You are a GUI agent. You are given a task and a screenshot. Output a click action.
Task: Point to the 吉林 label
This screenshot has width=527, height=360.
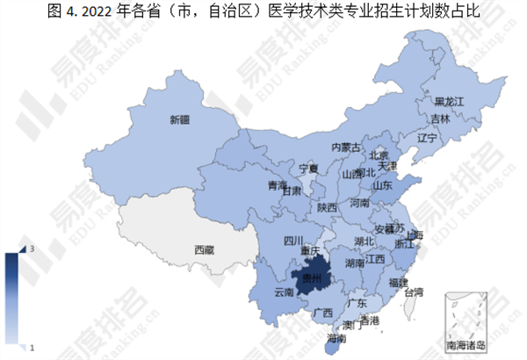pyautogui.click(x=441, y=119)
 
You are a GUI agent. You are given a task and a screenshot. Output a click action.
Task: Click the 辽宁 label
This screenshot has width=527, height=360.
pyautogui.click(x=428, y=139)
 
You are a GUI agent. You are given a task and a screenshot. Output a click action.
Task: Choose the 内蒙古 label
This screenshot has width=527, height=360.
pyautogui.click(x=346, y=148)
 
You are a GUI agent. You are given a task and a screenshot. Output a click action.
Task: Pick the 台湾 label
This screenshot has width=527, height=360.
pyautogui.click(x=413, y=291)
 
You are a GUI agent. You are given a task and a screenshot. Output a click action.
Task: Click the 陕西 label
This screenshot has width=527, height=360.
pyautogui.click(x=328, y=208)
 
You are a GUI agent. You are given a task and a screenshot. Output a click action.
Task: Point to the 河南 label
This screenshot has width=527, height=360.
pyautogui.click(x=362, y=202)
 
